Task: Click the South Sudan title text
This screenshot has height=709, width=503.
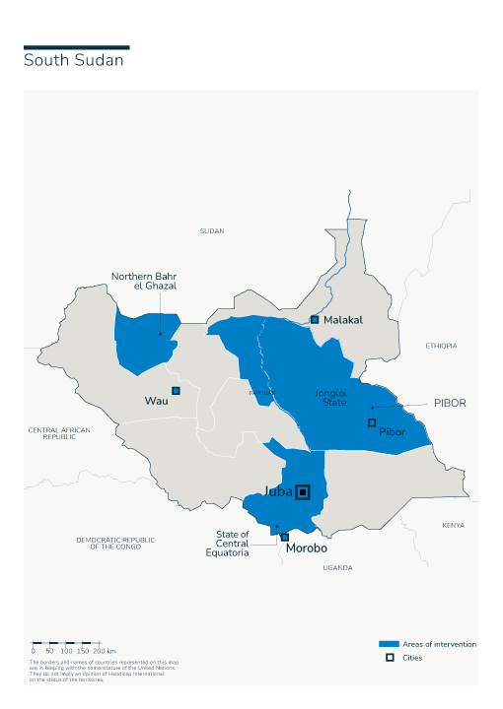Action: [x=74, y=61]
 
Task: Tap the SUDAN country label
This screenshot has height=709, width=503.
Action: [x=212, y=230]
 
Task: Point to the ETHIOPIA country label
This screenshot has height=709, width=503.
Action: [x=441, y=346]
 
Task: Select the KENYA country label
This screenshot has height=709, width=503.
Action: [x=453, y=525]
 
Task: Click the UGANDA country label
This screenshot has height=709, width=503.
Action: [x=337, y=567]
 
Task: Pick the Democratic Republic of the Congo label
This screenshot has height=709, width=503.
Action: [x=115, y=543]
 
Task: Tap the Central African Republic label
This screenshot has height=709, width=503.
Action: [x=59, y=433]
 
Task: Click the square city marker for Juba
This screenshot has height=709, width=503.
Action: [x=304, y=491]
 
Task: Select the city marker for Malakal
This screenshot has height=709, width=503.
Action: [x=315, y=319]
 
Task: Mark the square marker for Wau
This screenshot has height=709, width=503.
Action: [x=177, y=391]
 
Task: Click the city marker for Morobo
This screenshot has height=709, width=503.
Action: [x=285, y=537]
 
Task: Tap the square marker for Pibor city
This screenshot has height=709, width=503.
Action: [x=372, y=422]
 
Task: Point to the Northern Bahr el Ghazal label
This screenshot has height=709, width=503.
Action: [x=144, y=280]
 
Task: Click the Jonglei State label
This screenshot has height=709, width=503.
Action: [x=330, y=397]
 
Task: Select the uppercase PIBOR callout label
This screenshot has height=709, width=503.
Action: [x=449, y=403]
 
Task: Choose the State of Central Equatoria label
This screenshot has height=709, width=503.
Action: [x=233, y=544]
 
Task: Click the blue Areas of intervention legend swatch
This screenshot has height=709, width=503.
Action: [x=389, y=644]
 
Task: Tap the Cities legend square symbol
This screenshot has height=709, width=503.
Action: [x=389, y=657]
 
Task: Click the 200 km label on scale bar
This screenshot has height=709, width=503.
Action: [x=105, y=651]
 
